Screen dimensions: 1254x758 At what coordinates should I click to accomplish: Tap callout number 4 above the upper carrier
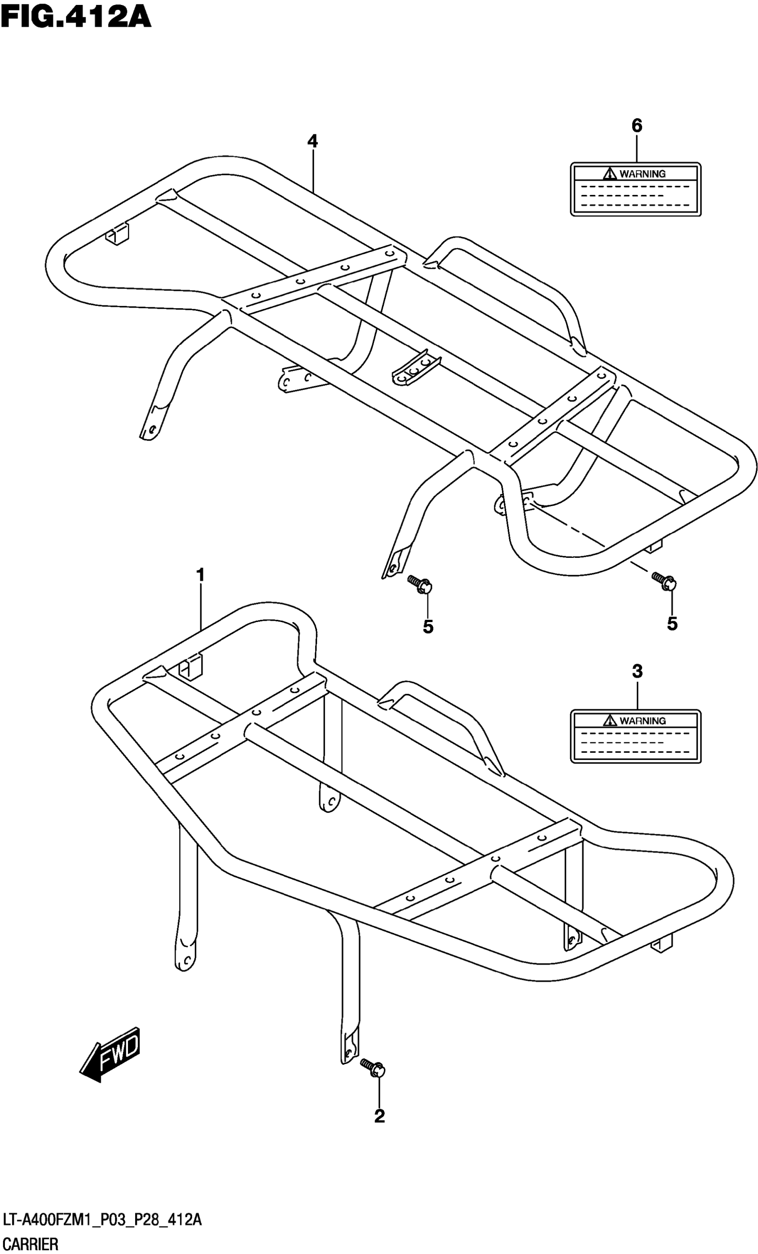(313, 141)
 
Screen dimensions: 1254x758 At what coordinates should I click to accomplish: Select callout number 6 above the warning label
(637, 125)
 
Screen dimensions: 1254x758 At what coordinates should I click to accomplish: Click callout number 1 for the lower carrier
(201, 575)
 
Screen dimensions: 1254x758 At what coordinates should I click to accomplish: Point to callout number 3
(637, 671)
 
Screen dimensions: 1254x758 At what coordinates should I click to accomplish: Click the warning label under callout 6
(635, 190)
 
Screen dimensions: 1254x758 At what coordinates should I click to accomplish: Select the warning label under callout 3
(635, 736)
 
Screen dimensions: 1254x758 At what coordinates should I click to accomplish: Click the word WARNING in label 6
(643, 174)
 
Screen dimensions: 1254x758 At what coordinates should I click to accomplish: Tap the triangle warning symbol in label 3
(610, 720)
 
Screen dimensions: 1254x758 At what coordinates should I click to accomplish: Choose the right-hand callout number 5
(672, 623)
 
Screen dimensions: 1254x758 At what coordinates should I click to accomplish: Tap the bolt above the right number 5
(664, 581)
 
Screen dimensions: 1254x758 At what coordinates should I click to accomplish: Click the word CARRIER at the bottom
(29, 1244)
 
